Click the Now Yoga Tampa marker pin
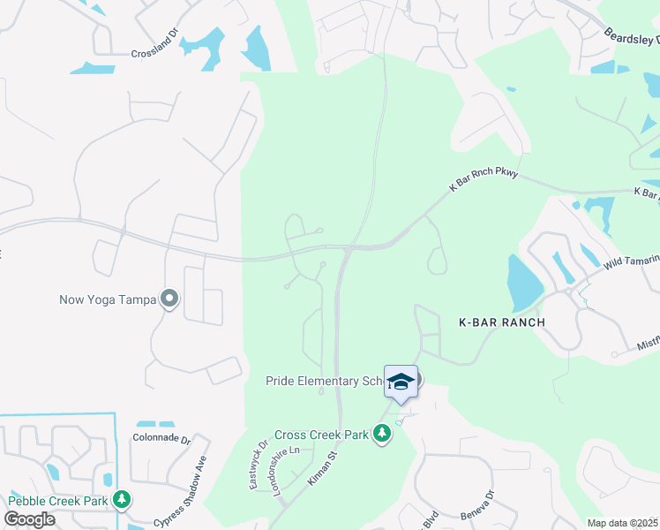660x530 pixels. coord(169,299)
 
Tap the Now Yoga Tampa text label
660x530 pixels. coord(108,299)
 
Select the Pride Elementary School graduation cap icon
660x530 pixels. coord(401,381)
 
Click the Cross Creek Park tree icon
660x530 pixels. coord(382,434)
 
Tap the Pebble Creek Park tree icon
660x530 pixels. coord(121,500)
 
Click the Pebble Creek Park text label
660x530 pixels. coord(58,501)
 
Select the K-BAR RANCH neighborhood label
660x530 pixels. coord(501,322)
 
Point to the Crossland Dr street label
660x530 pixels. coord(155,53)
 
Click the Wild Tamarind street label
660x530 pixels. coord(632,259)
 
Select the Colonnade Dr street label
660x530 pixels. coord(161,438)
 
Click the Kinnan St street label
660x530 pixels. coord(323,468)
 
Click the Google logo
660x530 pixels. coord(29,519)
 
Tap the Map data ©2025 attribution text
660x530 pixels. coord(623,523)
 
